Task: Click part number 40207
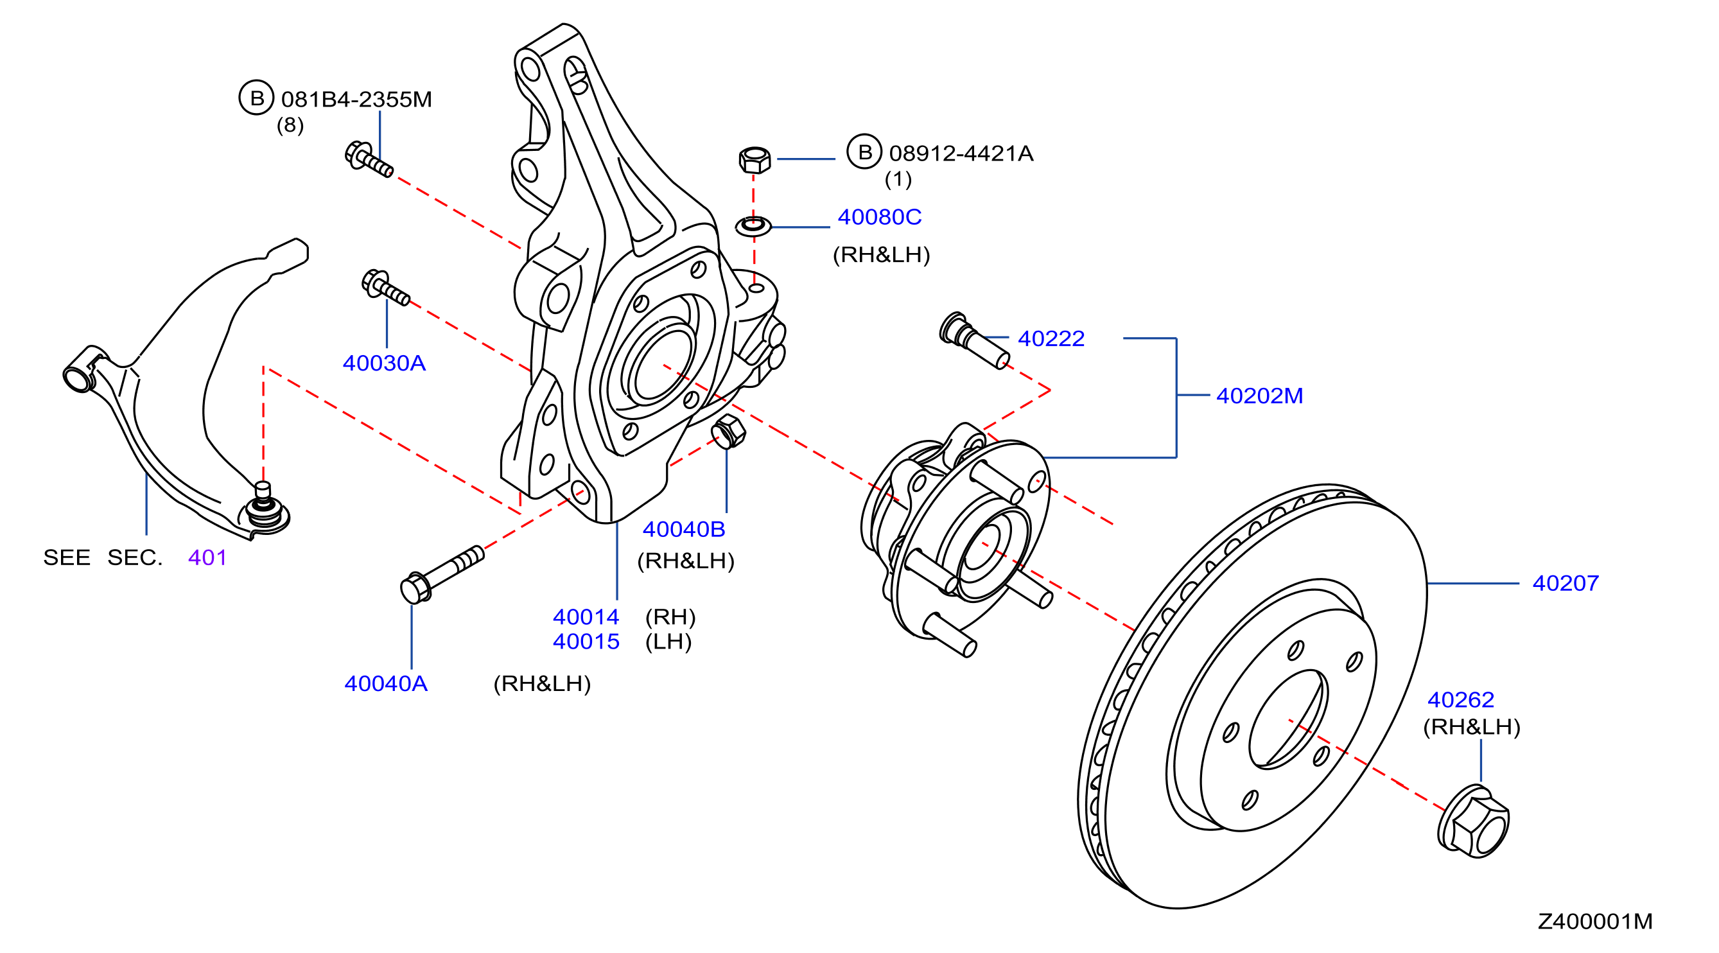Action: click(1565, 583)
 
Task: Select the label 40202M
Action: click(1259, 396)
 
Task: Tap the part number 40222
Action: click(1051, 338)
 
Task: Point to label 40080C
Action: click(879, 217)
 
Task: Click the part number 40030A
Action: click(384, 363)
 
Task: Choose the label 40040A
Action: click(386, 683)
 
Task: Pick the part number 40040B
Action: click(683, 529)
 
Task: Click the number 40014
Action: click(586, 616)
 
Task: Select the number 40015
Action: click(586, 642)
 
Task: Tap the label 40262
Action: click(1460, 699)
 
